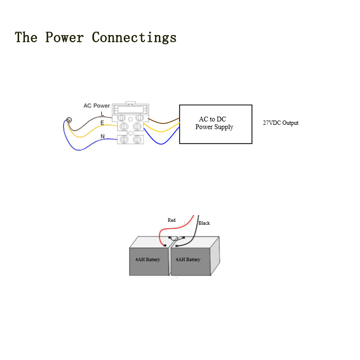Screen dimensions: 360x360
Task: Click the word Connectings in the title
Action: [134, 37]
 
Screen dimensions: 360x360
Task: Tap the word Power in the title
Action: [64, 37]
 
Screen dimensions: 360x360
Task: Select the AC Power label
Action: [96, 106]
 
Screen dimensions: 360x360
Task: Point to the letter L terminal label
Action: [102, 114]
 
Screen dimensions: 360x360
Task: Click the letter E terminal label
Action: [102, 123]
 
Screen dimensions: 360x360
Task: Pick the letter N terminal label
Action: [102, 136]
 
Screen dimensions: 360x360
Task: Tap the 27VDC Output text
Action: [281, 123]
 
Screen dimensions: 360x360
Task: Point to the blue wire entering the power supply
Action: [161, 144]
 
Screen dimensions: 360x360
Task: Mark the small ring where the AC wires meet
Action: [69, 120]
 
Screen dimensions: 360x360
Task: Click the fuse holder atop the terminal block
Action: [131, 108]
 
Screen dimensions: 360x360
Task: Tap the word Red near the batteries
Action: [171, 220]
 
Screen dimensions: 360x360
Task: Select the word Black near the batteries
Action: [204, 223]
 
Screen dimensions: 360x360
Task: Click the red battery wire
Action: [175, 228]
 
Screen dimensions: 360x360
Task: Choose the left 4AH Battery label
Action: [148, 259]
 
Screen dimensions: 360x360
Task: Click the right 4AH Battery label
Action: [188, 259]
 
